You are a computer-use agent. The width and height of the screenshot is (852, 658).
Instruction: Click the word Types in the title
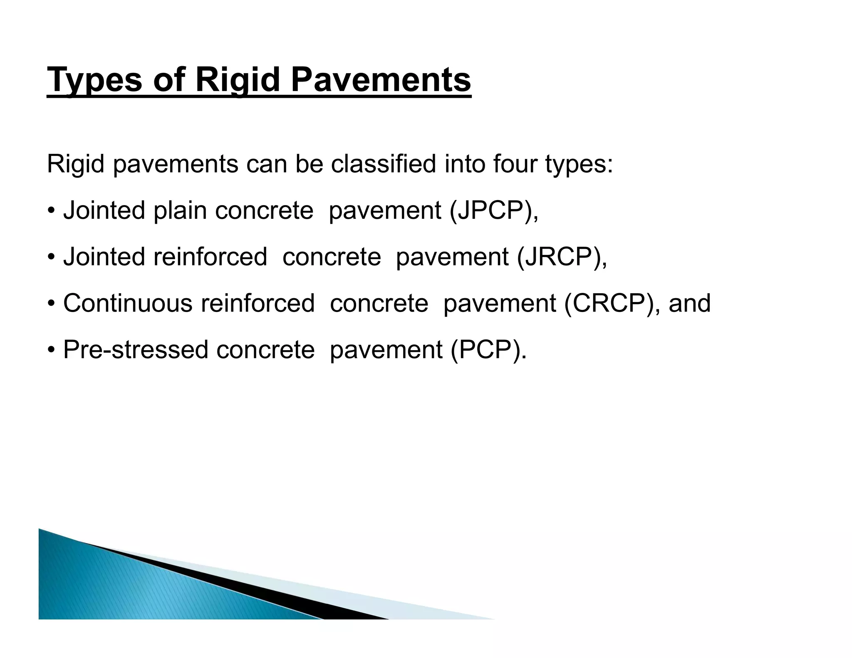(94, 80)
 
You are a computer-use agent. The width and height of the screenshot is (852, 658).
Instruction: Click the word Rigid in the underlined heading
(237, 80)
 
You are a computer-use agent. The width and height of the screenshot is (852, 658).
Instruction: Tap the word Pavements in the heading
(381, 80)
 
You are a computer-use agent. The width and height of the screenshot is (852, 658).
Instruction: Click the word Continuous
(128, 303)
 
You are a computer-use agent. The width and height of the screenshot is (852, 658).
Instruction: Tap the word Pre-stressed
(135, 350)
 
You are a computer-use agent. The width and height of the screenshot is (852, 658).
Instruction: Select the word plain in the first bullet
(180, 210)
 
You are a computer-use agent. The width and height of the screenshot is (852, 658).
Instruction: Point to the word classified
(383, 164)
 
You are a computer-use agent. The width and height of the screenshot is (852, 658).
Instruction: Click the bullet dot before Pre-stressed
(51, 350)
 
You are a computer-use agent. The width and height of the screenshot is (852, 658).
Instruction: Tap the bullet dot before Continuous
(51, 303)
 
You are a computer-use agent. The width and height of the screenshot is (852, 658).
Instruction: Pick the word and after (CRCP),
(689, 303)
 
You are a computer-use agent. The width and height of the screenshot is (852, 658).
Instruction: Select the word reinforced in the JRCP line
(210, 257)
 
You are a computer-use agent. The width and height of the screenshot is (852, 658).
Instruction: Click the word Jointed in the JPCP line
(104, 210)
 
